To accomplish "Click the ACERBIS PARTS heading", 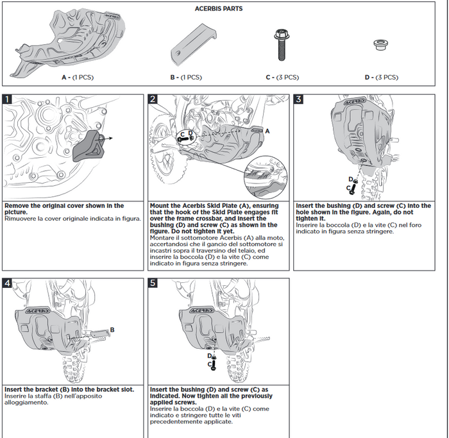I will pyautogui.click(x=218, y=9).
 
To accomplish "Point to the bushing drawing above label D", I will pyautogui.click(x=380, y=45).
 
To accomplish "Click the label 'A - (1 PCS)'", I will pyautogui.click(x=76, y=77).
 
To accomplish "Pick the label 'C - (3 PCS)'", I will pyautogui.click(x=282, y=77).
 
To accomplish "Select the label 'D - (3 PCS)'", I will pyautogui.click(x=381, y=77).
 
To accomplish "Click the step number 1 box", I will pyautogui.click(x=7, y=99).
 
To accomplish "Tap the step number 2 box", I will pyautogui.click(x=153, y=99).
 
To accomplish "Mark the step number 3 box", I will pyautogui.click(x=298, y=99).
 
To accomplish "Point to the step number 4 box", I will pyautogui.click(x=7, y=283).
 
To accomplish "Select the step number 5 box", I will pyautogui.click(x=153, y=283).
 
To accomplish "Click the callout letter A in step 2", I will pyautogui.click(x=267, y=130).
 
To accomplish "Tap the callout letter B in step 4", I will pyautogui.click(x=112, y=330).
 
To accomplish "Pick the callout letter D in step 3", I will pyautogui.click(x=351, y=179).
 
